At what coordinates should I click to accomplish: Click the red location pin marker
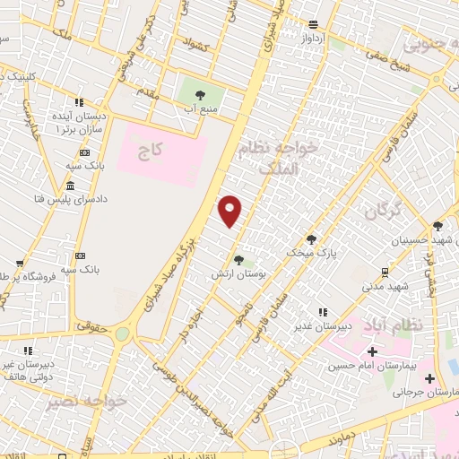tap(231, 211)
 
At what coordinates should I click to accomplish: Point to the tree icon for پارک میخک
tap(311, 238)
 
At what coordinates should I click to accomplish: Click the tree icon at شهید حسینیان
tap(437, 226)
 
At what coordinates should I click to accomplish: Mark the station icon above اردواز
tap(312, 24)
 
